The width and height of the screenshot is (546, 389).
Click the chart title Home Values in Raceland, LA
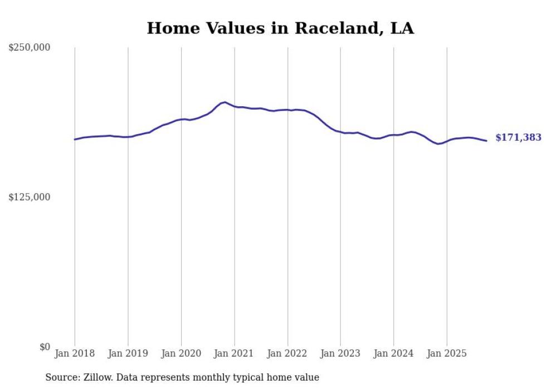point(280,28)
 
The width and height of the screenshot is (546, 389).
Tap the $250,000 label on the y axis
point(29,48)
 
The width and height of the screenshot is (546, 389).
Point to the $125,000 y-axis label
point(29,197)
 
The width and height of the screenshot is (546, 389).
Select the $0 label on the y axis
point(45,347)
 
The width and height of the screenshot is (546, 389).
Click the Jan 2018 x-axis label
point(75,353)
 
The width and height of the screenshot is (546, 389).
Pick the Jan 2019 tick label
point(128,353)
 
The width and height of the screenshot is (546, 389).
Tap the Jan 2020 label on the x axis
point(181,353)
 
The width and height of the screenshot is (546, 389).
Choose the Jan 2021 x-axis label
point(235,353)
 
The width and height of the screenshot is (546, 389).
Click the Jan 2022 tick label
point(287,353)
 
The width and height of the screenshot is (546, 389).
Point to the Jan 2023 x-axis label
point(340,353)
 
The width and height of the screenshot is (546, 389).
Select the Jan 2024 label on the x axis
point(394,353)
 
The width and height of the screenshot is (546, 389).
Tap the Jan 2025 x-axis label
point(447,353)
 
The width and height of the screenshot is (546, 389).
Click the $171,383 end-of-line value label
point(518,137)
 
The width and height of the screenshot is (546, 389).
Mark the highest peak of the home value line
point(225,102)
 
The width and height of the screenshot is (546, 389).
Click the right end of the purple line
point(486,141)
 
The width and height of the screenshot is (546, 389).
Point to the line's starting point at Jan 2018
point(75,139)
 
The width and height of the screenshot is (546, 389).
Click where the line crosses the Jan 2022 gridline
point(287,110)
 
